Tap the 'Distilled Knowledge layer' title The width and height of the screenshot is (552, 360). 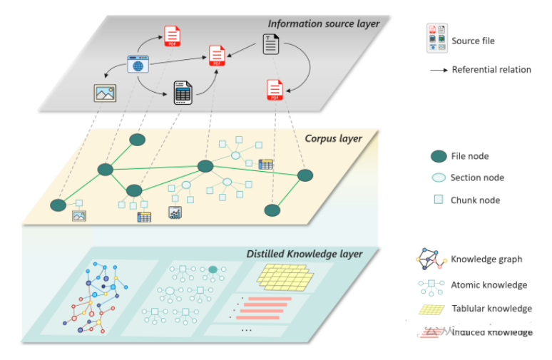304,254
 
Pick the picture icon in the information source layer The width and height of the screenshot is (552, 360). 104,93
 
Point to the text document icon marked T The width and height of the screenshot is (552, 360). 271,44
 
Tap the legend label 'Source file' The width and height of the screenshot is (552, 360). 473,41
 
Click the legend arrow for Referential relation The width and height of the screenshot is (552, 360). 438,70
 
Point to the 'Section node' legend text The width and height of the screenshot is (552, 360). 477,178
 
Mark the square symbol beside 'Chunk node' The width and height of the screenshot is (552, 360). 439,200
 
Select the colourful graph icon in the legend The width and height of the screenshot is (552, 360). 431,261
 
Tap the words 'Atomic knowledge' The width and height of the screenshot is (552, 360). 489,285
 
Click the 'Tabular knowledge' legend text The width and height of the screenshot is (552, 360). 491,309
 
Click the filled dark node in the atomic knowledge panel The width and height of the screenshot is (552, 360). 213,269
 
